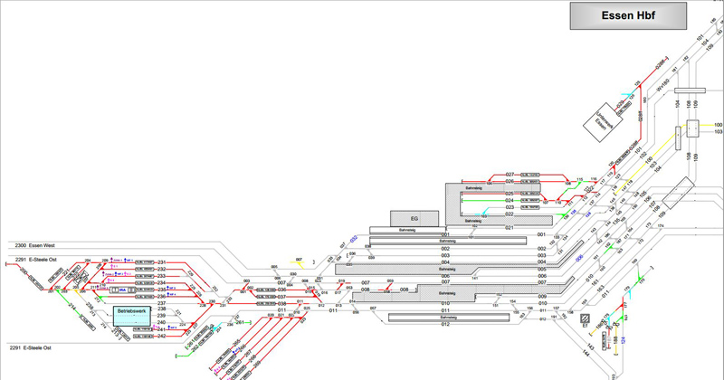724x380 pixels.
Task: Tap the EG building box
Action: [414, 218]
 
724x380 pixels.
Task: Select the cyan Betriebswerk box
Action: [133, 313]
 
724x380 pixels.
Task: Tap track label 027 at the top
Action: [510, 174]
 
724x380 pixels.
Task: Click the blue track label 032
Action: [354, 240]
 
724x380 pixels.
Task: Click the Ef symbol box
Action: [585, 318]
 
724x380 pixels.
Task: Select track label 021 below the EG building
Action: [510, 228]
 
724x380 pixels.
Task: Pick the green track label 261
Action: [238, 322]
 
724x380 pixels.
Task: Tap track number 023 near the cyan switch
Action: [510, 207]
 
